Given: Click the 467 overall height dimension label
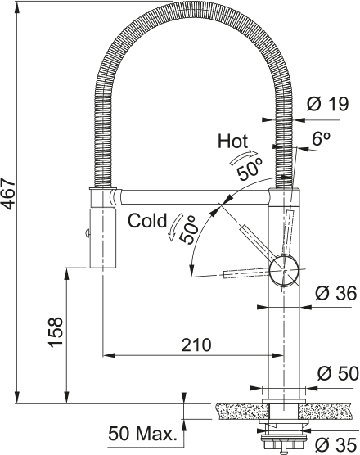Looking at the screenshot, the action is click(x=8, y=194).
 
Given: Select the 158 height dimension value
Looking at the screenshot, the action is click(x=56, y=332).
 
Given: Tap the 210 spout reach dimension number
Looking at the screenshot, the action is click(x=196, y=345).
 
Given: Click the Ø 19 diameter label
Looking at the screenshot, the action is click(x=328, y=104).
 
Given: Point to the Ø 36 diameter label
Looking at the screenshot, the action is click(x=335, y=293).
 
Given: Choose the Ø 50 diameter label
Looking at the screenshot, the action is click(x=338, y=373).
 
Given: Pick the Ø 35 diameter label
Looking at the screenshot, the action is click(x=336, y=445).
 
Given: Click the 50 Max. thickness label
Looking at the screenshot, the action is click(x=142, y=434).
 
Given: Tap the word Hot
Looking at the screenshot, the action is click(x=232, y=141).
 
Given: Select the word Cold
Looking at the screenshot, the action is click(x=147, y=220).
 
